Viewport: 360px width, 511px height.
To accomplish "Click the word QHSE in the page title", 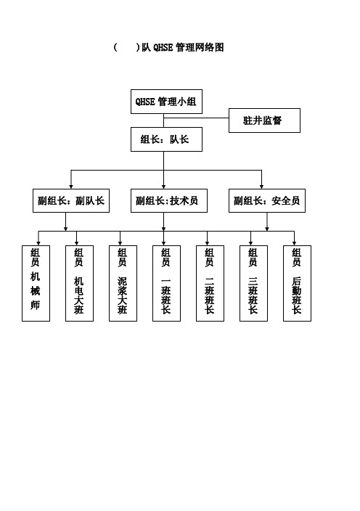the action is pyautogui.click(x=163, y=48).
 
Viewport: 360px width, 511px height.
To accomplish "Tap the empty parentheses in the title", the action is pyautogui.click(x=126, y=48).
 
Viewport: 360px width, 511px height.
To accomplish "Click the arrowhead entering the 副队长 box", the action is pyautogui.click(x=71, y=187).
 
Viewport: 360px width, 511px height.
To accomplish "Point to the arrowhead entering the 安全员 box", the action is pyautogui.click(x=261, y=187).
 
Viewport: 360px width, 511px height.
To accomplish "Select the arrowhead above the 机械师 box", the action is pyautogui.click(x=38, y=243).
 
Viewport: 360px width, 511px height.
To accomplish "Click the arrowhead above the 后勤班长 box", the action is pyautogui.click(x=294, y=243).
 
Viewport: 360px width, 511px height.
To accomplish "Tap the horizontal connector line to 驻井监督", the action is pyautogui.click(x=196, y=118).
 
